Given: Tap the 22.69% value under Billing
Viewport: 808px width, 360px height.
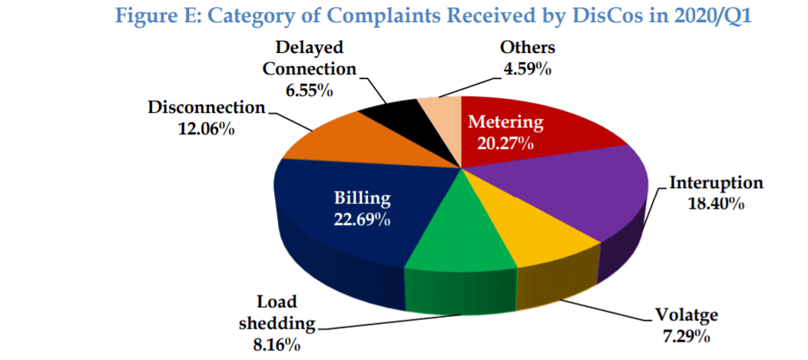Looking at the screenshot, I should point(362,220).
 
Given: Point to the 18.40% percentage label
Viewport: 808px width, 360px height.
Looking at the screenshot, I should point(716,204).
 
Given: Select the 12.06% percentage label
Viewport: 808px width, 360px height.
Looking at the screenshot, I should point(206,128).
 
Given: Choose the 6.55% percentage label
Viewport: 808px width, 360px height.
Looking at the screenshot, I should point(309,90).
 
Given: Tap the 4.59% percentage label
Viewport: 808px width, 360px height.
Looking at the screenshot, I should point(527,68).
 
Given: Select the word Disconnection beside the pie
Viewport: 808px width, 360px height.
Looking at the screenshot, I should point(206,107).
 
